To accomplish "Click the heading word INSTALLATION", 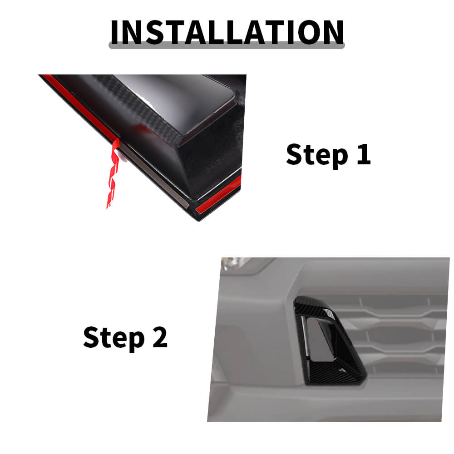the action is click(x=227, y=32).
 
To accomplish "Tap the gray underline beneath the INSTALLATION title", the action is click(x=227, y=46).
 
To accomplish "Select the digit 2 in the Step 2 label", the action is click(x=160, y=337).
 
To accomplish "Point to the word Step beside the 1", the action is click(x=317, y=155).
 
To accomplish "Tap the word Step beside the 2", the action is click(x=114, y=338).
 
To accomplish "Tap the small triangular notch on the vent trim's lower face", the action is click(x=342, y=370).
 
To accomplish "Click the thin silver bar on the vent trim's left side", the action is click(x=305, y=336).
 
